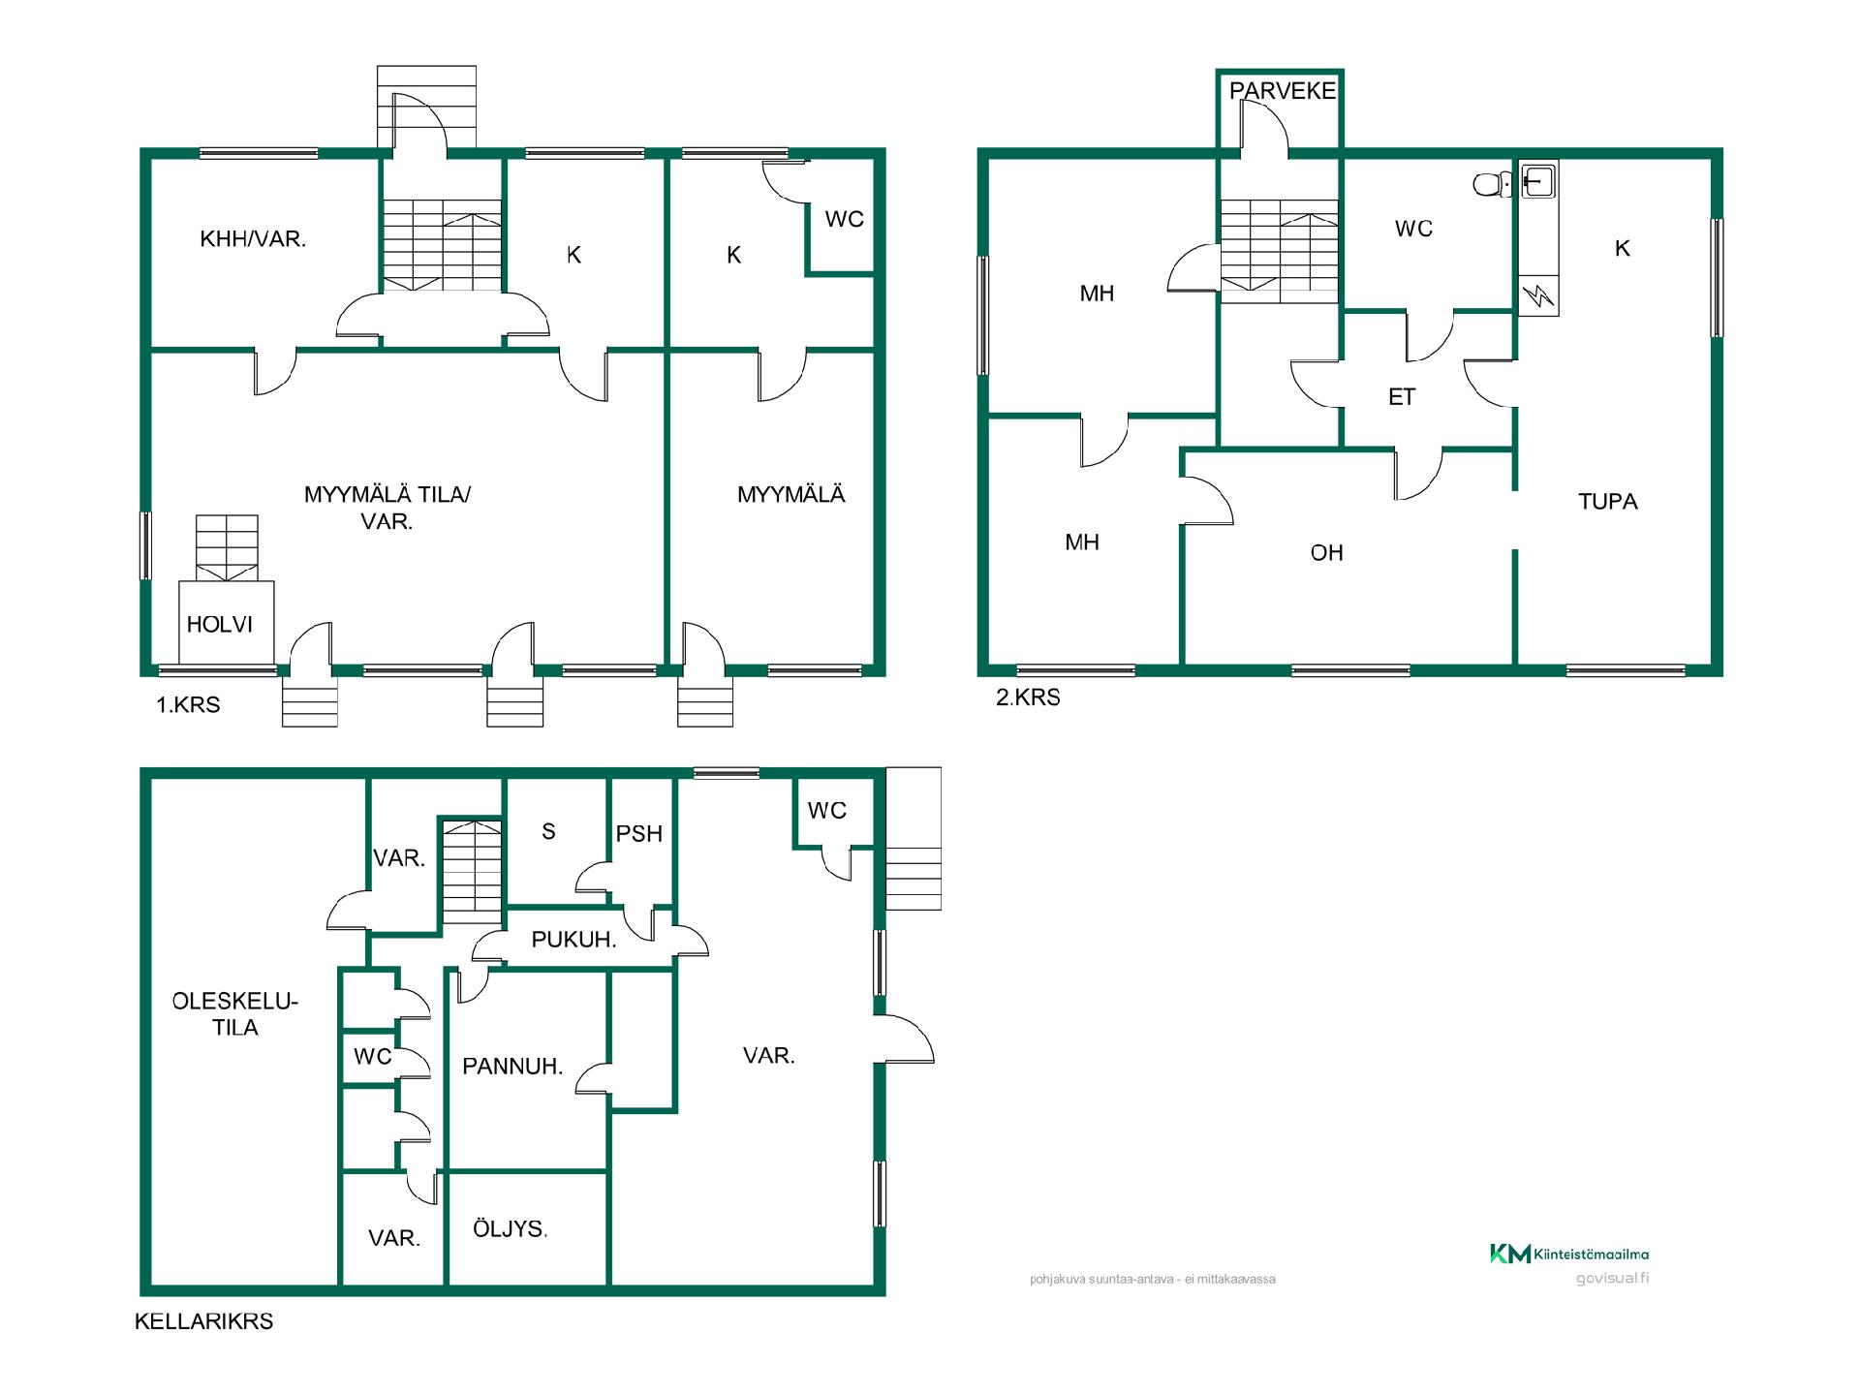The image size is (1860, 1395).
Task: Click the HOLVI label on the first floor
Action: (x=220, y=625)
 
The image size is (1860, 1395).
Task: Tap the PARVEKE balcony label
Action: (x=1283, y=91)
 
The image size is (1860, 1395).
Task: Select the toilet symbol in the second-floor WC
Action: (x=1493, y=184)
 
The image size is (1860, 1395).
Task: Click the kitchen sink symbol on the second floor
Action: (x=1538, y=180)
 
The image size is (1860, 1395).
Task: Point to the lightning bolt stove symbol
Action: (x=1538, y=295)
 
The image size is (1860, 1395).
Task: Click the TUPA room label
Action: (x=1608, y=502)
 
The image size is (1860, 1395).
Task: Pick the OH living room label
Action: (x=1327, y=553)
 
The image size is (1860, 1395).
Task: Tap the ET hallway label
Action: (x=1402, y=397)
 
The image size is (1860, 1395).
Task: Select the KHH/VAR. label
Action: (x=253, y=239)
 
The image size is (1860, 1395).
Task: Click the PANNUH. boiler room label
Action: (x=512, y=1067)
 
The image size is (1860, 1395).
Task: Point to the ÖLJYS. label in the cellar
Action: (x=510, y=1228)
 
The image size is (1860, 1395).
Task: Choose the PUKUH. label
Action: (x=573, y=940)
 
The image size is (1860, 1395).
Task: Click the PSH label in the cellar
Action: (x=639, y=834)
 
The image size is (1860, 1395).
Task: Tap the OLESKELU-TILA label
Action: (x=235, y=1014)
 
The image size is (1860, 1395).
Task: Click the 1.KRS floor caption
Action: (x=189, y=705)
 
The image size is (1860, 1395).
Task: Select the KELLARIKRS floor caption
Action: (x=204, y=1321)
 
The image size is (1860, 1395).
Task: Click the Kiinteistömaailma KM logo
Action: (x=1569, y=1255)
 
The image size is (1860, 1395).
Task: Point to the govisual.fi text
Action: (x=1612, y=1279)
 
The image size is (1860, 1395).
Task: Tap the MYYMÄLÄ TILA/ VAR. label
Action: (x=387, y=508)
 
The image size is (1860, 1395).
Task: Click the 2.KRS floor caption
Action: (x=1029, y=697)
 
